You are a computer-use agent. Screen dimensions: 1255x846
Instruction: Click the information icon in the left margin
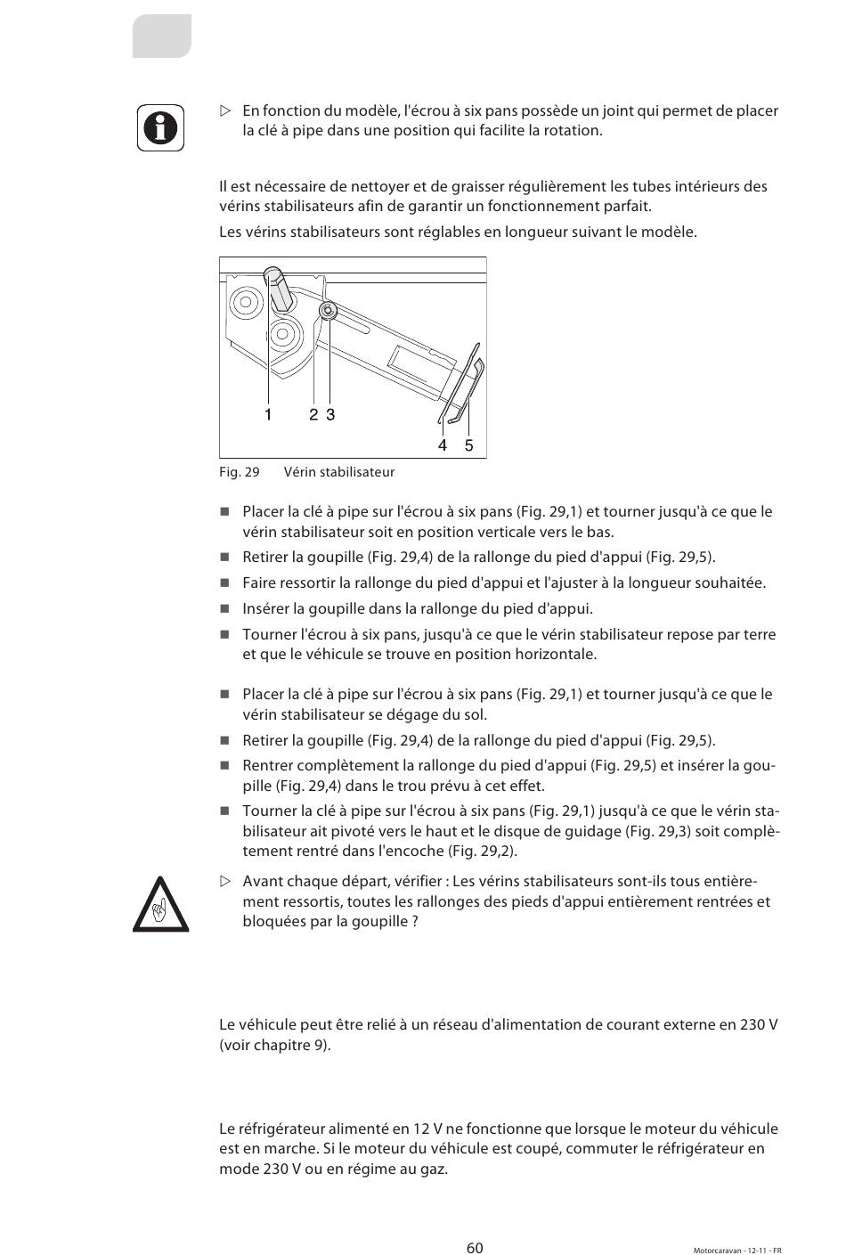(160, 128)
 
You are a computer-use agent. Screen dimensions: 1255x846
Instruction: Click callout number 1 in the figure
(267, 414)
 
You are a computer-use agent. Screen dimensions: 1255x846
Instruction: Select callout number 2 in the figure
(313, 414)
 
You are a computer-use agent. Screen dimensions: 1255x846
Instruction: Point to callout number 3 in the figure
(330, 414)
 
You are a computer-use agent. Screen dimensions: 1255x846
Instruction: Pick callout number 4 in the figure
(443, 445)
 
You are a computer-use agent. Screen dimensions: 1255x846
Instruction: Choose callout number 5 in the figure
(468, 445)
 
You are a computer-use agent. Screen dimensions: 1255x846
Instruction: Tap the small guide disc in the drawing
(328, 310)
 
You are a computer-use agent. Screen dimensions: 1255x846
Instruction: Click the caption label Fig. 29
(239, 472)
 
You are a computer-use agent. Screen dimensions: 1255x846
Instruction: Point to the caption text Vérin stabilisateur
(339, 472)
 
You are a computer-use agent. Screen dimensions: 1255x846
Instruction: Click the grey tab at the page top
(162, 36)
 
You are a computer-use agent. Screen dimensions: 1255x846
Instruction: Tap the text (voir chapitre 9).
(275, 1045)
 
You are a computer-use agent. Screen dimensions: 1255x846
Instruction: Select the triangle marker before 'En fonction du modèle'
(225, 111)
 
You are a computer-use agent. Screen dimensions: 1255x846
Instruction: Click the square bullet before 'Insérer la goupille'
(224, 609)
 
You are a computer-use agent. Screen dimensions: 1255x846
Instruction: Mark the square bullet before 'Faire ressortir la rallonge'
(224, 583)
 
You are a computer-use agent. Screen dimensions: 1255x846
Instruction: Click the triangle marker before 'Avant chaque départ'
(225, 882)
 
